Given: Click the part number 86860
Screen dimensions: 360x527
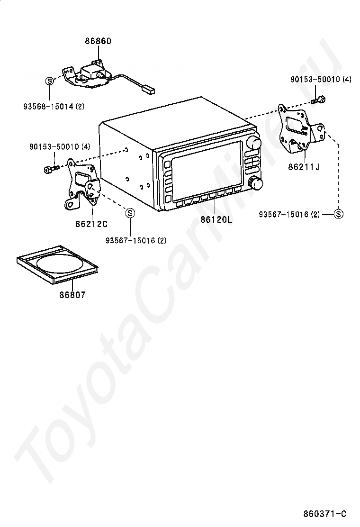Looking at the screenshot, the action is pyautogui.click(x=98, y=41).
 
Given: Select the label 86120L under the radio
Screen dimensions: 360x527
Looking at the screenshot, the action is pyautogui.click(x=216, y=219).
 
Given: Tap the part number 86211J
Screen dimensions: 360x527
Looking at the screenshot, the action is pyautogui.click(x=304, y=167).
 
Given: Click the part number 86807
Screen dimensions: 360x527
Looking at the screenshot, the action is pyautogui.click(x=72, y=295).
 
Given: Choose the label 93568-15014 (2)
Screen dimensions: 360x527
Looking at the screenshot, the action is pyautogui.click(x=54, y=107).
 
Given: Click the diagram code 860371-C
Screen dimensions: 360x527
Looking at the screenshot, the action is pyautogui.click(x=325, y=514).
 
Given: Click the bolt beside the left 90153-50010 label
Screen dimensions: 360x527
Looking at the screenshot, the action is pyautogui.click(x=50, y=168).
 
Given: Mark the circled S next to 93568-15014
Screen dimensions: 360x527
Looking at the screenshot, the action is pyautogui.click(x=49, y=81).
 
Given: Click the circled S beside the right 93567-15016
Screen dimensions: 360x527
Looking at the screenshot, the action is pyautogui.click(x=338, y=214).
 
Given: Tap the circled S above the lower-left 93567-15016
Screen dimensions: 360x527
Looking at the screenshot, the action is pyautogui.click(x=130, y=213).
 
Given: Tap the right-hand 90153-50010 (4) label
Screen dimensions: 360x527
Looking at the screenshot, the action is pyautogui.click(x=321, y=80).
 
